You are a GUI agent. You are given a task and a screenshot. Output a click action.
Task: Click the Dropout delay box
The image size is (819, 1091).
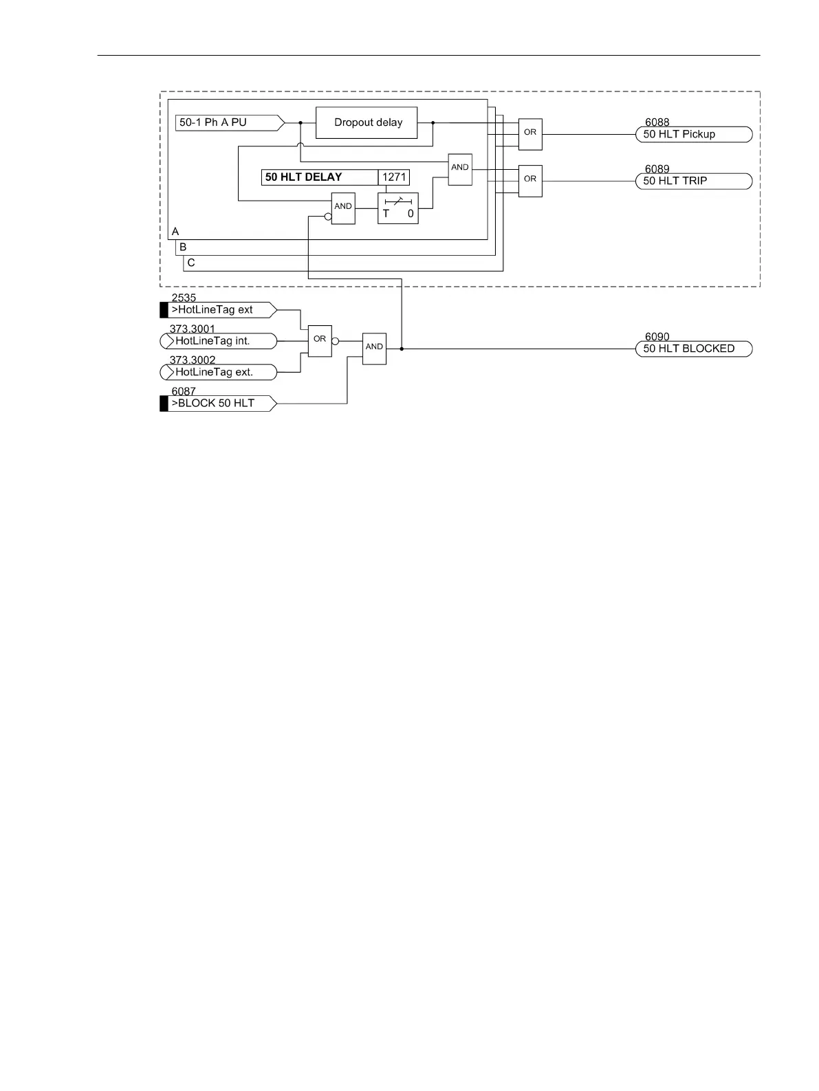367,122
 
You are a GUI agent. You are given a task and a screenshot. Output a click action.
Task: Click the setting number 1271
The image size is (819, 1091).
394,177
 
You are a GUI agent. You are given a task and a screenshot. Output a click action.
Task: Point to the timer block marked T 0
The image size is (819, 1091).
398,208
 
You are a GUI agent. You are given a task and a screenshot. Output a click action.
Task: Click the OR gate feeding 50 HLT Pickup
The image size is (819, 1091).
530,134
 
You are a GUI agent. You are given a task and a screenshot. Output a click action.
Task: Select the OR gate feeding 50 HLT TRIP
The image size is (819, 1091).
530,181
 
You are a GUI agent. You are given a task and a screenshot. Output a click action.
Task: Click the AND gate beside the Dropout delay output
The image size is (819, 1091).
460,169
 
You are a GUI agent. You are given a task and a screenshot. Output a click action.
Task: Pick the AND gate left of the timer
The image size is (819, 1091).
343,208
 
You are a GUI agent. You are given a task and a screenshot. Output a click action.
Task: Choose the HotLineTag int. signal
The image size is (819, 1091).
218,341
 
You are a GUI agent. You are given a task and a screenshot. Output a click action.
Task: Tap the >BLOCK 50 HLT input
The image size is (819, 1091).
218,404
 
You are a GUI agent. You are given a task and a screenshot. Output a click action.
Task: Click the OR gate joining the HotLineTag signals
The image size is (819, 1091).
320,341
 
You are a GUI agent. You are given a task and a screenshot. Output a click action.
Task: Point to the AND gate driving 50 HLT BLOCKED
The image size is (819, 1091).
375,349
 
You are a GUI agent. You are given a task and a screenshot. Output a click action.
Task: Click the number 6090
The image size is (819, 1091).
657,337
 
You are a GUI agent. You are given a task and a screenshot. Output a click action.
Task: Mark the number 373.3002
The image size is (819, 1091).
193,360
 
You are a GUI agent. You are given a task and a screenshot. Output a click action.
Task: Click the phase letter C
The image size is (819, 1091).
191,263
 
